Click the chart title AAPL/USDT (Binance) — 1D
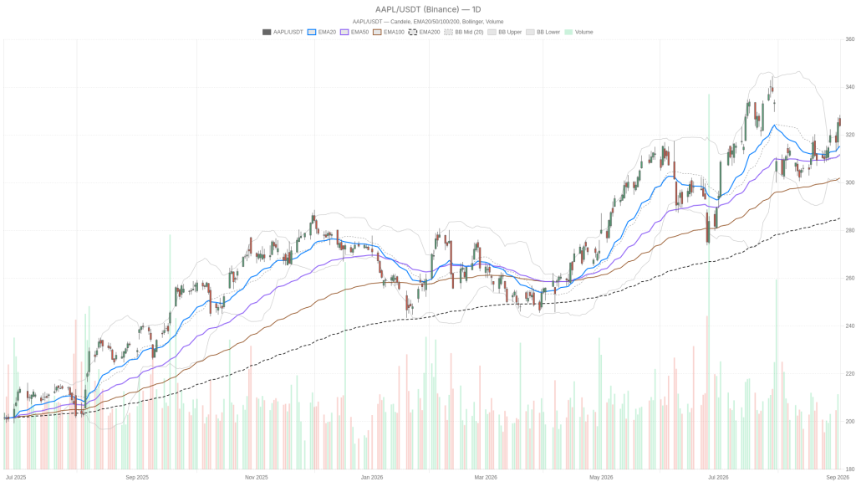[x=428, y=9]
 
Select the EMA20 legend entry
[x=322, y=33]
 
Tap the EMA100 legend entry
[x=389, y=33]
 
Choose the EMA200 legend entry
[x=424, y=33]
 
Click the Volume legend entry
[x=578, y=33]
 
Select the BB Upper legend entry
[x=504, y=33]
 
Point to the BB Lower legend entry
[x=543, y=33]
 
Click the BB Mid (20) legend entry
[x=463, y=33]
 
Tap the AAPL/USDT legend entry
[x=283, y=33]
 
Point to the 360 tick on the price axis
[x=850, y=39]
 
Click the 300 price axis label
[x=850, y=182]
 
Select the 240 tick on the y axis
[x=850, y=326]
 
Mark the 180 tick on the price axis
[x=850, y=469]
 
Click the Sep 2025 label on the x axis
[x=137, y=477]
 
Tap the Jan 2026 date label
[x=372, y=477]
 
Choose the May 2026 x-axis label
[x=601, y=477]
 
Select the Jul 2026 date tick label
[x=718, y=477]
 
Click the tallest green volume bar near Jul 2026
[x=709, y=281]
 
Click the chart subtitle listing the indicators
[x=428, y=22]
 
